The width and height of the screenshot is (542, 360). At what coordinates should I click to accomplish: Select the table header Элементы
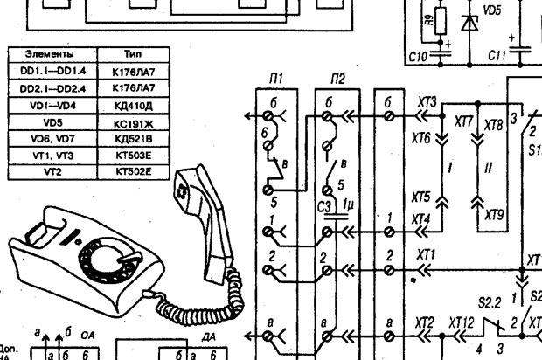(x=52, y=53)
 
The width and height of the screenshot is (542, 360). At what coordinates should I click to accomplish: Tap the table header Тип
(x=134, y=53)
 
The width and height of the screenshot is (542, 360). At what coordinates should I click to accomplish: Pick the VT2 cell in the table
(x=52, y=172)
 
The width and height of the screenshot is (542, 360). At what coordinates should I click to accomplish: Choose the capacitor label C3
(x=323, y=206)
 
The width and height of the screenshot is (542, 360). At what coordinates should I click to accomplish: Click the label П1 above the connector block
(x=276, y=80)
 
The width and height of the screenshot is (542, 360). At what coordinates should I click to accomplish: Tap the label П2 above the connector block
(x=338, y=80)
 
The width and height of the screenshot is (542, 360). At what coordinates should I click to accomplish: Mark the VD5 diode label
(x=492, y=10)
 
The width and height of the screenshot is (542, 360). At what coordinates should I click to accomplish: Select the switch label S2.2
(x=490, y=301)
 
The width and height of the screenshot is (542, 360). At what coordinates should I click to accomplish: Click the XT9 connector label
(x=495, y=212)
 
